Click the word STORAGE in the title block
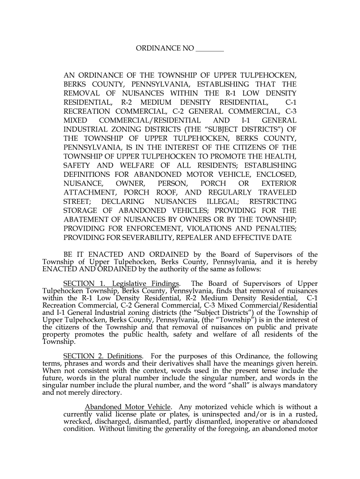80,210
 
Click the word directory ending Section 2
107,392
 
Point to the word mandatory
298,385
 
